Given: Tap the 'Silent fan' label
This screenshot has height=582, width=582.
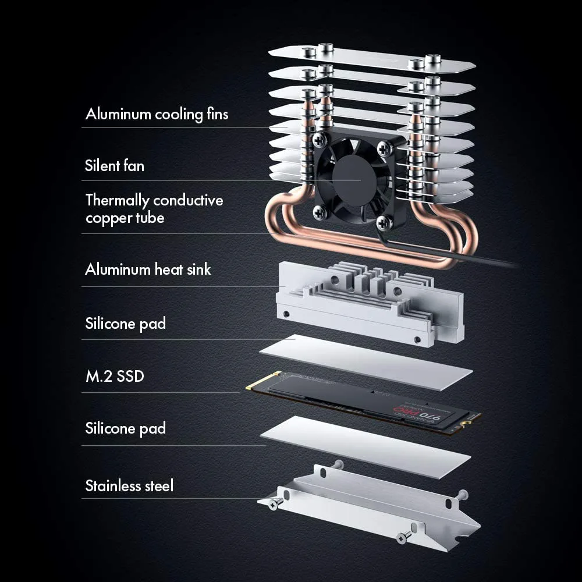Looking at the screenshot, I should (115, 166).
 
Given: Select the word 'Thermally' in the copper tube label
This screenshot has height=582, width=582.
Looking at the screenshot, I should (117, 200).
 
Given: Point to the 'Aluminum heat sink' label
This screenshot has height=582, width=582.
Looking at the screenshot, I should (148, 269).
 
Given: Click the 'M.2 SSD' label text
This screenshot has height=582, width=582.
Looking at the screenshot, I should (115, 376).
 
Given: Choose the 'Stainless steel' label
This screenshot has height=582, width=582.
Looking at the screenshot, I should (129, 486).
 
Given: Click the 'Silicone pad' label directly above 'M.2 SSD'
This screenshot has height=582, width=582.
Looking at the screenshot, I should (125, 324).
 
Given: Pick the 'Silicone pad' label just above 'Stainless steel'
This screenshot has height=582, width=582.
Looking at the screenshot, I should (125, 428).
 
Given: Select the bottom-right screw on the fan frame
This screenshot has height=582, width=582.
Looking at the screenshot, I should (382, 221).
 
